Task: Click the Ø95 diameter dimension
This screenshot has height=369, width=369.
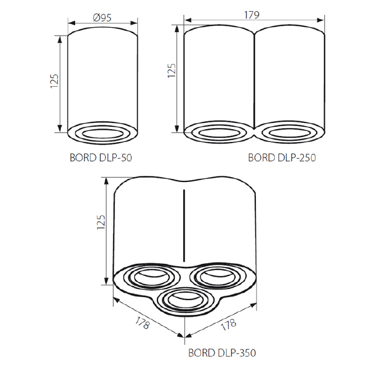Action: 102,18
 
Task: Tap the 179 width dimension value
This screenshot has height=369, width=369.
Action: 252,15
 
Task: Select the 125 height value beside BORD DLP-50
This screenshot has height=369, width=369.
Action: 54,81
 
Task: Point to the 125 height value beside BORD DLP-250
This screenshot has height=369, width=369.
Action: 172,71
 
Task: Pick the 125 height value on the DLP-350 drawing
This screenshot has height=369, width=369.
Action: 101,222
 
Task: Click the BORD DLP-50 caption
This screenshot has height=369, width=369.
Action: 101,157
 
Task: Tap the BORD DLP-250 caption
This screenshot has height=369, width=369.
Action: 282,157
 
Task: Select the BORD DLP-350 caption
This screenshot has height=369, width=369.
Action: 222,353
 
